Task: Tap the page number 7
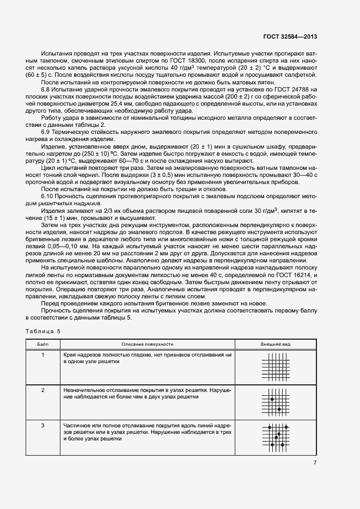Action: (x=315, y=462)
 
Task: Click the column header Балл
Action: (x=42, y=345)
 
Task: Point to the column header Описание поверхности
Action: (x=147, y=345)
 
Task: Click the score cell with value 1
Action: (x=42, y=355)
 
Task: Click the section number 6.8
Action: (x=47, y=88)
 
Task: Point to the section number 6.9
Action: (x=47, y=132)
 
